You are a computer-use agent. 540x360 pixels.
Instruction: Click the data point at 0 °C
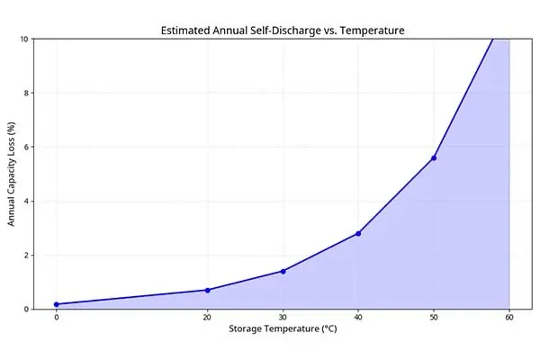click(x=56, y=304)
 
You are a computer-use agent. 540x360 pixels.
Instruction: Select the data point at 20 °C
click(x=207, y=290)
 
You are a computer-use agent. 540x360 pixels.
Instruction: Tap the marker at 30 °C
click(x=283, y=271)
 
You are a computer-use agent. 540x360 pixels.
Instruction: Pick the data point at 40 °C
click(x=358, y=233)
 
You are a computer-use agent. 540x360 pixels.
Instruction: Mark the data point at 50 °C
click(x=434, y=157)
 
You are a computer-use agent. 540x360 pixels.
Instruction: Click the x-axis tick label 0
click(x=56, y=317)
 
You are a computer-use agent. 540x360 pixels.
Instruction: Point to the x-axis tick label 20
click(x=207, y=317)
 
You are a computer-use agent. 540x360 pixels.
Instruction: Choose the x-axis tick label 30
click(x=283, y=317)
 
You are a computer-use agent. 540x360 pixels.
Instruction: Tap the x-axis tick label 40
click(x=358, y=317)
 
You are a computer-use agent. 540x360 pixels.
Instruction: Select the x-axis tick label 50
click(x=434, y=317)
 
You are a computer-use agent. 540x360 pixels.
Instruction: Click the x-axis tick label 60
click(x=509, y=317)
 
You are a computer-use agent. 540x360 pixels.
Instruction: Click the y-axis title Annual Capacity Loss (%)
click(x=13, y=174)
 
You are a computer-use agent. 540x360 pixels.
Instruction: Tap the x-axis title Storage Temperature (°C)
click(x=283, y=329)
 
